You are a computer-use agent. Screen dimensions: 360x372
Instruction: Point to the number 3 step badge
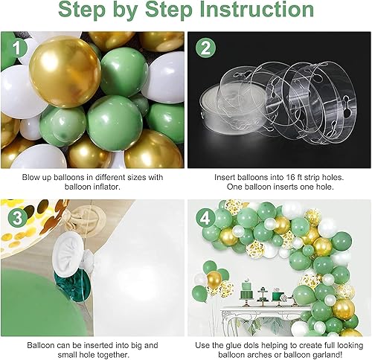tap(16, 216)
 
